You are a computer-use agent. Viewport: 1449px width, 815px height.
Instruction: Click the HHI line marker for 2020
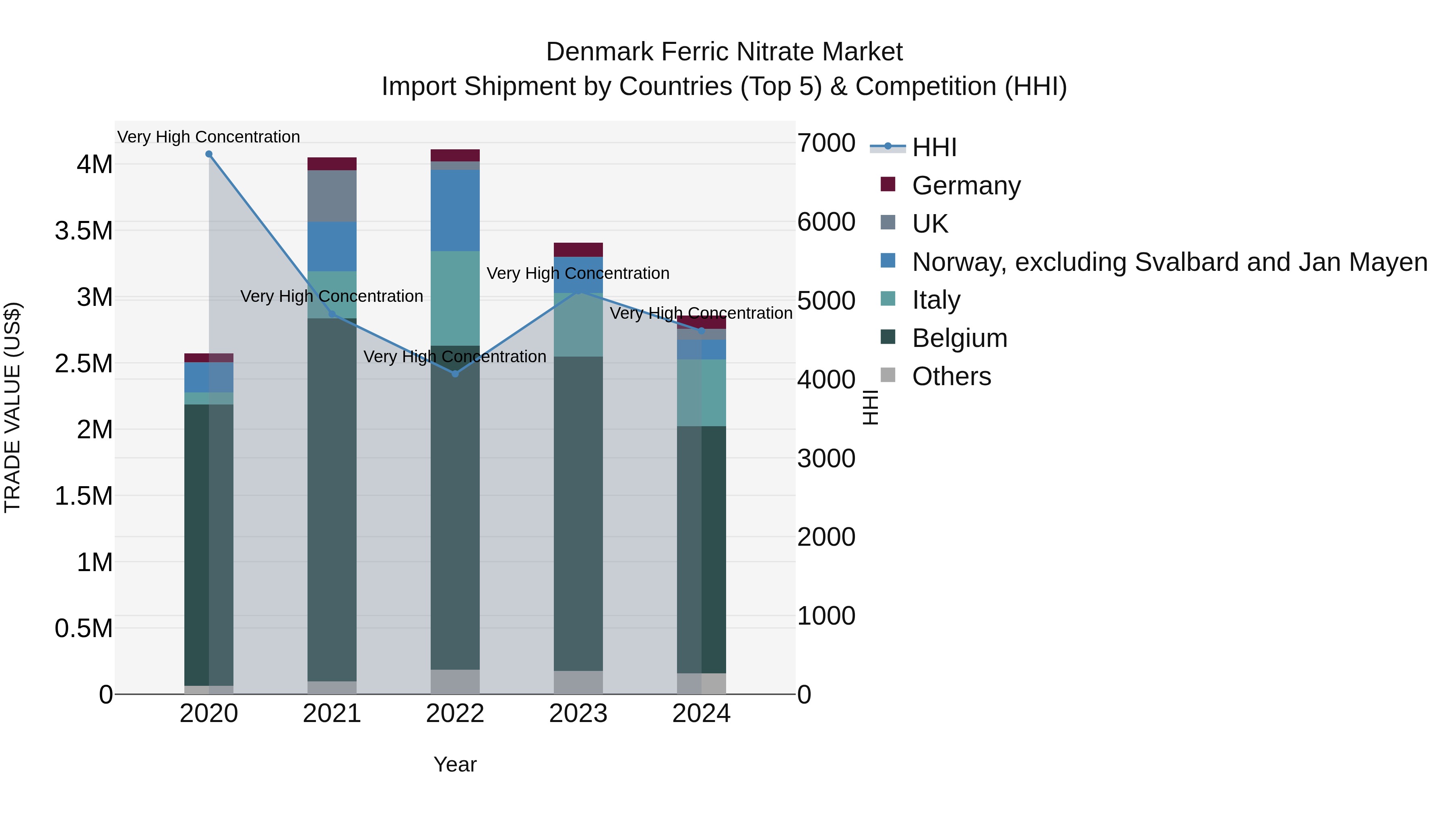(x=208, y=154)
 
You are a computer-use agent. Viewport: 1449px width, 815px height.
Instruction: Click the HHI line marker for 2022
(x=455, y=374)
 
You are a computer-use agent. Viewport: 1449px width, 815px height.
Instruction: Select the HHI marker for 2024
(x=702, y=331)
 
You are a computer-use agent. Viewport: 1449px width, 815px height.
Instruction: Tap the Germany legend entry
(x=966, y=186)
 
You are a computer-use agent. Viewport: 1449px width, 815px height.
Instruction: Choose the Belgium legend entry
(x=959, y=338)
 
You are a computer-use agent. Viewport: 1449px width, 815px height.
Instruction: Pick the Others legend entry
(x=951, y=376)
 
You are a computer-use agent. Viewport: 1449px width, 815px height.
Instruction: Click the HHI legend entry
(x=934, y=147)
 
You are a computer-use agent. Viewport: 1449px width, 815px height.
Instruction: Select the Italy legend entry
(x=936, y=300)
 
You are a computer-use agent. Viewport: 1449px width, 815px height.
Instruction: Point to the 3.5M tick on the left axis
(x=84, y=231)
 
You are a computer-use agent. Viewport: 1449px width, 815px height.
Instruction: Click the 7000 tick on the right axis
(x=826, y=143)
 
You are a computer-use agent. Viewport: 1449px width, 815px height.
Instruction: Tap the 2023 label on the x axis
(x=578, y=714)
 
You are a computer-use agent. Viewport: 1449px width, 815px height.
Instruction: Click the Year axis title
(x=455, y=764)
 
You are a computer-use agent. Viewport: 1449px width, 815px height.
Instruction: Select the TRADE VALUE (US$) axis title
(x=12, y=407)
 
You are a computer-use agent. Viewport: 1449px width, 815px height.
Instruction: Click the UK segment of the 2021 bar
(x=332, y=196)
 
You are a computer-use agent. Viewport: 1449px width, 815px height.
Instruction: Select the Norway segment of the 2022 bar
(x=455, y=210)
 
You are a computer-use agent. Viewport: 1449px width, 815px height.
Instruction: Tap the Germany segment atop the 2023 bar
(x=578, y=250)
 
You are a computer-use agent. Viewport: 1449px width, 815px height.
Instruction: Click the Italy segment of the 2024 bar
(x=702, y=392)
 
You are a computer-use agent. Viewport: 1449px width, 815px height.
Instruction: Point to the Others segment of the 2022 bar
(x=455, y=682)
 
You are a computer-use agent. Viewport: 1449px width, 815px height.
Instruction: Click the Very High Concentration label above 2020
(x=208, y=137)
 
